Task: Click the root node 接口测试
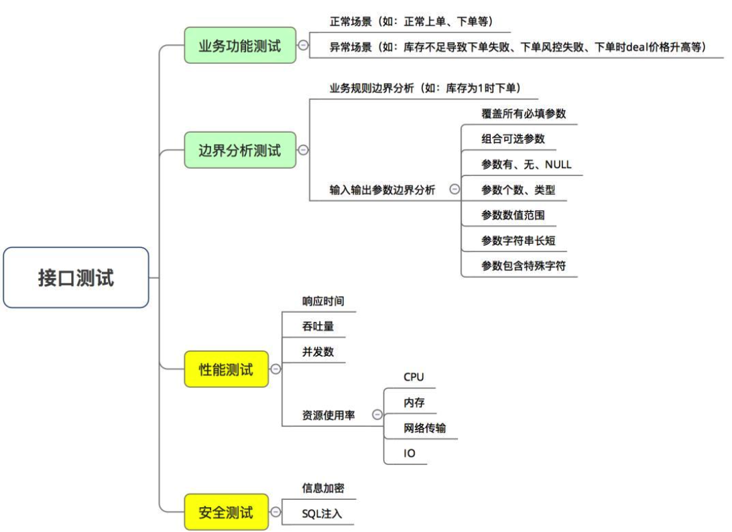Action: click(76, 277)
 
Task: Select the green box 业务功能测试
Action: click(240, 46)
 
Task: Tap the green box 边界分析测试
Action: click(240, 150)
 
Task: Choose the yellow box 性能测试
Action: click(227, 369)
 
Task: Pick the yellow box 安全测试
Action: click(227, 513)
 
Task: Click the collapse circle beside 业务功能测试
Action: click(303, 46)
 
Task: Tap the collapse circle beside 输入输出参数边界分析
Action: click(454, 190)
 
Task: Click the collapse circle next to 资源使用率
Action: click(377, 415)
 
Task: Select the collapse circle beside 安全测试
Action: click(276, 513)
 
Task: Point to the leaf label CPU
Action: click(414, 377)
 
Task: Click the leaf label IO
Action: click(409, 454)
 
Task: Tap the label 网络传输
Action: click(424, 428)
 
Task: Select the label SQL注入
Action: click(322, 514)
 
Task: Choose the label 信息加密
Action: click(323, 488)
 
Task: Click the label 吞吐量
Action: click(318, 326)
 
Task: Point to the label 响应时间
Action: click(323, 302)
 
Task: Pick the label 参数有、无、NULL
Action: click(526, 165)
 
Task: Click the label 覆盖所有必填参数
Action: click(524, 114)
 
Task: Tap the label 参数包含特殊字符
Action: click(524, 266)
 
